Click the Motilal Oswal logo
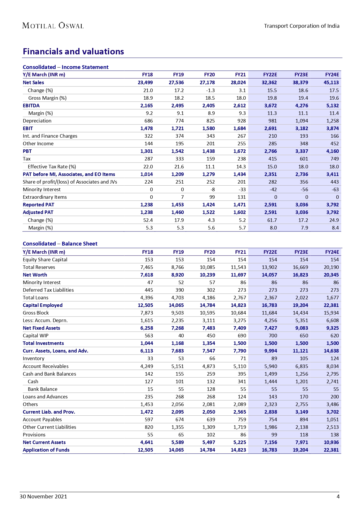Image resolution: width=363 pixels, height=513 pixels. pyautogui.click(x=53, y=26)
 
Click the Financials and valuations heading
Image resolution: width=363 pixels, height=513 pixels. pyautogui.click(x=73, y=51)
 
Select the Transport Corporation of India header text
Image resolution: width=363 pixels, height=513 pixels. pyautogui.click(x=302, y=26)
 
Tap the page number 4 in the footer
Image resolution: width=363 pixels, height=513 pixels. pyautogui.click(x=338, y=496)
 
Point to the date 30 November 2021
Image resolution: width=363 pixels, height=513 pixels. pyautogui.click(x=43, y=496)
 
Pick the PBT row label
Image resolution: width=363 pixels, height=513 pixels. pyautogui.click(x=27, y=151)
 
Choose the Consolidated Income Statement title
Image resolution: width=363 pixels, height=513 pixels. pyautogui.click(x=66, y=67)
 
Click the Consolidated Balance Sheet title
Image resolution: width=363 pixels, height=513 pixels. pyautogui.click(x=60, y=243)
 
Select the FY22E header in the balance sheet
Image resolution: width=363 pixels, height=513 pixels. pyautogui.click(x=270, y=252)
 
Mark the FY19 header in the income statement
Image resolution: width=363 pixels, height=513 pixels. pyautogui.click(x=178, y=75)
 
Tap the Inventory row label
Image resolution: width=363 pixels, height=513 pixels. pyautogui.click(x=34, y=358)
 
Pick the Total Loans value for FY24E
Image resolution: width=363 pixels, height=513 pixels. pyautogui.click(x=332, y=298)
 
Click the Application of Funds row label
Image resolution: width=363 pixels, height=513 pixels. pyautogui.click(x=46, y=450)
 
